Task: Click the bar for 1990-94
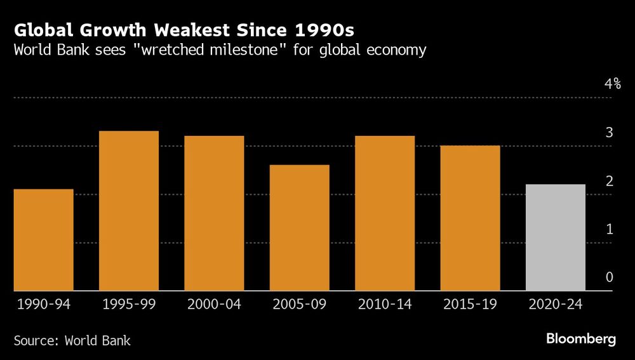43,240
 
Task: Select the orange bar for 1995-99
129,211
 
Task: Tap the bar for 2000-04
214,213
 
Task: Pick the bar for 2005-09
300,228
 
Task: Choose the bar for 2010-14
385,213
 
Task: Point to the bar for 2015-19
471,218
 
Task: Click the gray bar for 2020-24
556,237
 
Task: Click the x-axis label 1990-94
43,305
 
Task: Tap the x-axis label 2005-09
300,305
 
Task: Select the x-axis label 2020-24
556,305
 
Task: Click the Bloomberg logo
581,339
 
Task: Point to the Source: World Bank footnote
72,341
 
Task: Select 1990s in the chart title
333,30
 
